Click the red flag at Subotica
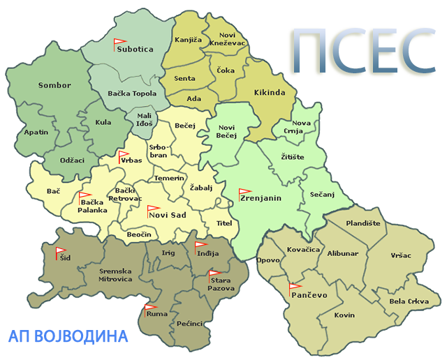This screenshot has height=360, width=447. [x=119, y=43]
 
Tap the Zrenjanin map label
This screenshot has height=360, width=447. [x=261, y=198]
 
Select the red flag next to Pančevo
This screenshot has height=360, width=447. [x=294, y=286]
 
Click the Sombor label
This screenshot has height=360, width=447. [x=54, y=85]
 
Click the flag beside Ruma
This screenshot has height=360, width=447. [x=150, y=308]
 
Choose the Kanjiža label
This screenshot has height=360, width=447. [x=188, y=40]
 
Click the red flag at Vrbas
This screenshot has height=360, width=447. [x=123, y=155]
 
